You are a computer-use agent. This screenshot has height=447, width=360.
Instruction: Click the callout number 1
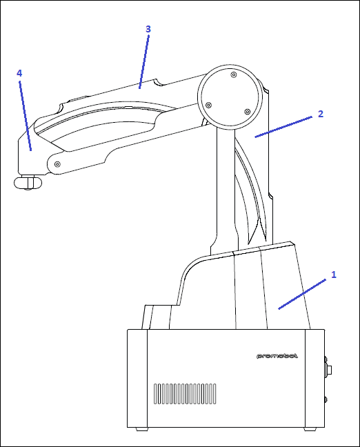point(334,275)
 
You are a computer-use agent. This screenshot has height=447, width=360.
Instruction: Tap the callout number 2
point(321,114)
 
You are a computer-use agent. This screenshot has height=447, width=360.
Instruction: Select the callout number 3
point(148,29)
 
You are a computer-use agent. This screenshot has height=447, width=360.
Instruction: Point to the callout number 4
point(19,73)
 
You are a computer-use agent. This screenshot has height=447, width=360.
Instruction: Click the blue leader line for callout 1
point(302,294)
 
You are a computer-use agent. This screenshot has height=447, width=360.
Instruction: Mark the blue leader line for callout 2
point(283,127)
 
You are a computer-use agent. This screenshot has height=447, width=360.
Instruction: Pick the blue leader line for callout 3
point(143,62)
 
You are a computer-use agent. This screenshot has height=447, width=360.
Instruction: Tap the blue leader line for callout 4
point(25,116)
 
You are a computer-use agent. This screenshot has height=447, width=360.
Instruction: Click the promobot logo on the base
point(277,356)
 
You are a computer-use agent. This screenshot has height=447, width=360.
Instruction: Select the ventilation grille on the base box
point(185,394)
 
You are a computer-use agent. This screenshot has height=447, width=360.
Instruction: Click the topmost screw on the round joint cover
point(234,75)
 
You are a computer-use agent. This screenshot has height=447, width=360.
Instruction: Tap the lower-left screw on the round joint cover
point(209,105)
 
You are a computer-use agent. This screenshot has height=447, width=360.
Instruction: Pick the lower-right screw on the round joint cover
point(248,112)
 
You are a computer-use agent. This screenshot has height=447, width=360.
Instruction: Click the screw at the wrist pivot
point(57,164)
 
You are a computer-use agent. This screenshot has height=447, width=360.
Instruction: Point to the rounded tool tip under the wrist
point(28,183)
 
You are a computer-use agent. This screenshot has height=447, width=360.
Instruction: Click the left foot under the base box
point(141,429)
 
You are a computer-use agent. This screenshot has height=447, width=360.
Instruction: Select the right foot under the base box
point(310,429)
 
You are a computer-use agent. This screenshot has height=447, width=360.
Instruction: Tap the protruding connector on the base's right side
point(328,370)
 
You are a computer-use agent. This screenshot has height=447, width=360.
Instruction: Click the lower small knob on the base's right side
point(326,399)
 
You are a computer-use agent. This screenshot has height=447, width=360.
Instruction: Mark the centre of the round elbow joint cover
point(230,97)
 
